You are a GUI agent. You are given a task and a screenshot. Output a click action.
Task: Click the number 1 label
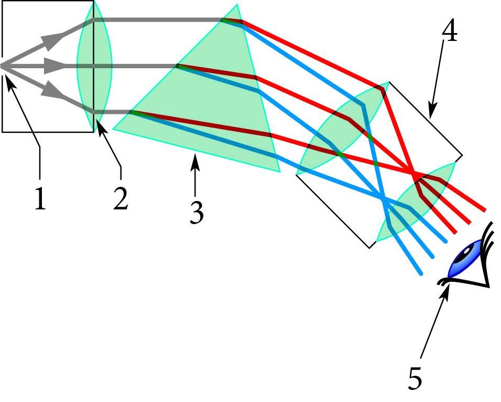(x=40, y=198)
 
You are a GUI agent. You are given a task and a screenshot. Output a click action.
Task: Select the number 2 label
(x=121, y=199)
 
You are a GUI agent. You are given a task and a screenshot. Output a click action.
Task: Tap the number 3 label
(x=197, y=213)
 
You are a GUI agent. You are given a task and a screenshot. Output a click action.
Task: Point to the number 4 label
(x=450, y=31)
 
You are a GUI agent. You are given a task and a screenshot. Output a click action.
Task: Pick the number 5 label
(x=415, y=378)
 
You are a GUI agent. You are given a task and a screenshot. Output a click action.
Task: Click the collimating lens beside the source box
(x=94, y=66)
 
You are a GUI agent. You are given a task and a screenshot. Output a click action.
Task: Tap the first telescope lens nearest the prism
(x=343, y=129)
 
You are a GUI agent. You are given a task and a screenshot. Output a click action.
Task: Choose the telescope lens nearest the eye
(x=416, y=202)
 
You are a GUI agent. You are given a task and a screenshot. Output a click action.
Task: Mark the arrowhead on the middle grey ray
(x=53, y=66)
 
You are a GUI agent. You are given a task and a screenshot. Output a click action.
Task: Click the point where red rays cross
(x=413, y=175)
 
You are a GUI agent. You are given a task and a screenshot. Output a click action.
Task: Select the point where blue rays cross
(x=383, y=199)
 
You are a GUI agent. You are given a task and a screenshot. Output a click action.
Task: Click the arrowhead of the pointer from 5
(x=446, y=289)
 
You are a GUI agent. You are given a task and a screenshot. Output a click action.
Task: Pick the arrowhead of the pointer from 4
(x=432, y=111)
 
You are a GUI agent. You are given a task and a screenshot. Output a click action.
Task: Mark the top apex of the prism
(x=237, y=5)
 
